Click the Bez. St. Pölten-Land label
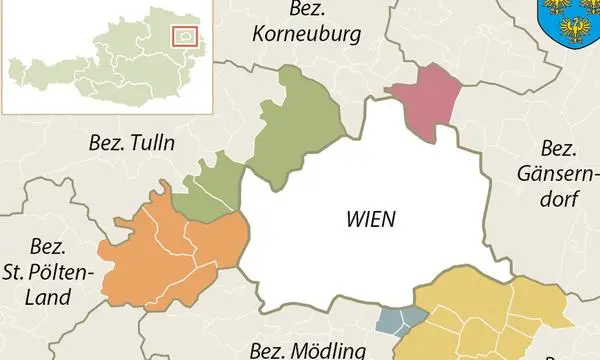point(49,271)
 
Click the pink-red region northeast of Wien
point(427,100)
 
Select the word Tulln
point(150,143)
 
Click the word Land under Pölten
point(49,296)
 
